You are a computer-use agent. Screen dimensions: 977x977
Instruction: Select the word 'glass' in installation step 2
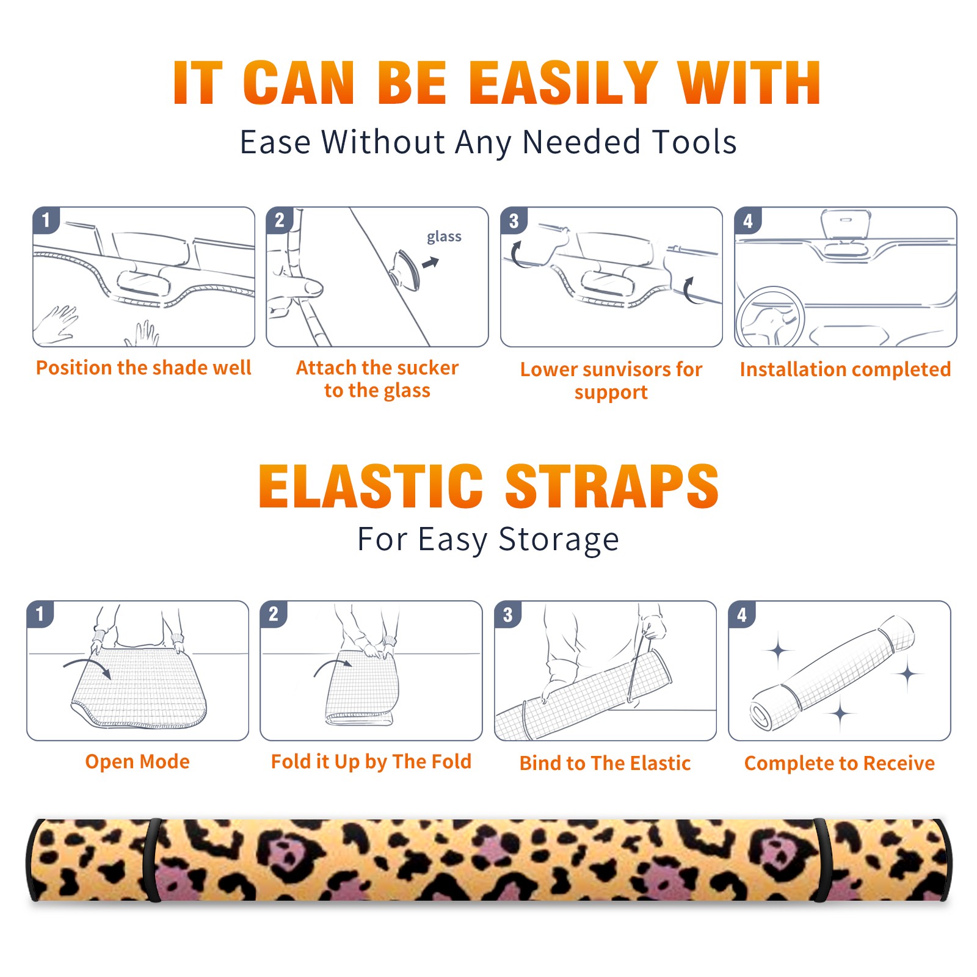[x=444, y=236]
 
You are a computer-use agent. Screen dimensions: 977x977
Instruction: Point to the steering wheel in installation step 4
[x=770, y=317]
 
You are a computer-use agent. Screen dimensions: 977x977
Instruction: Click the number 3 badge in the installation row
[x=514, y=220]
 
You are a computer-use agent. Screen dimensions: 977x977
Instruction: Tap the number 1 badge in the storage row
[x=40, y=614]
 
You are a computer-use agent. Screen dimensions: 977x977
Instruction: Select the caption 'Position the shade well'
[x=143, y=368]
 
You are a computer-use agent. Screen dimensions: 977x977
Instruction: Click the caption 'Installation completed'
[x=845, y=369]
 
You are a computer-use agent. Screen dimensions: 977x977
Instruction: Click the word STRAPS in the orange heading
[x=612, y=486]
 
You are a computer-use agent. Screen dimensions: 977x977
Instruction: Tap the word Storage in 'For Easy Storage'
[x=559, y=540]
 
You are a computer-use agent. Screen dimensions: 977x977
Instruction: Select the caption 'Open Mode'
[x=137, y=761]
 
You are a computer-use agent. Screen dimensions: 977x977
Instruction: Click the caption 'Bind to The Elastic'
[x=605, y=763]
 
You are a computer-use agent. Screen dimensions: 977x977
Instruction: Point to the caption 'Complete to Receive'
[x=840, y=763]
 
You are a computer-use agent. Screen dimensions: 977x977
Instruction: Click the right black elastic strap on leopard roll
[x=824, y=860]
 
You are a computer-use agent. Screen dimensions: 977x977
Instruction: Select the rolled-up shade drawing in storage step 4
[x=832, y=673]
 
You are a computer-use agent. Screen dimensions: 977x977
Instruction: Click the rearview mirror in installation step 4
[x=846, y=224]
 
